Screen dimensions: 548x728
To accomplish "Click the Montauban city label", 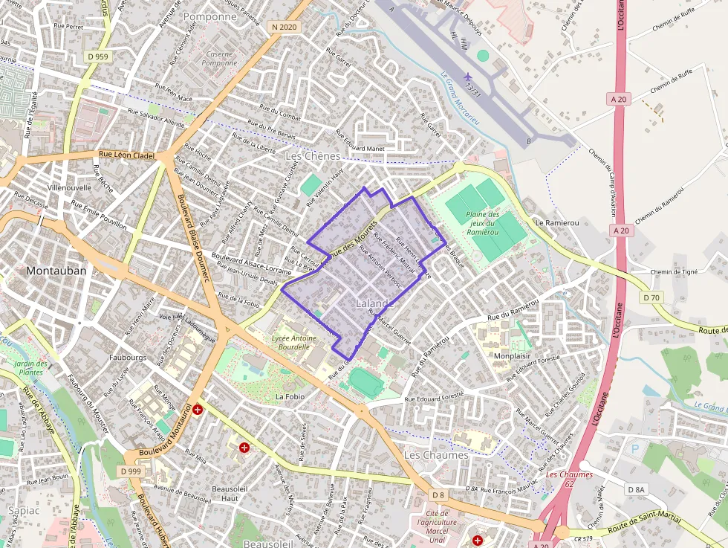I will point(56,271).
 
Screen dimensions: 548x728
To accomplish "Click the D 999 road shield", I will point(129,471).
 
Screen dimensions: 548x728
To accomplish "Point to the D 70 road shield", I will point(651,297).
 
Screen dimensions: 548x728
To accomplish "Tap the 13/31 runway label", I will point(472,89).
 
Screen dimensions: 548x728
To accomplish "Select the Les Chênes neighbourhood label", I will point(313,156).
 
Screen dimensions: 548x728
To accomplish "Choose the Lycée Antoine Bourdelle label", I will point(294,343).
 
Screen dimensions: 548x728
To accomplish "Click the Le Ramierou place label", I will point(556,222).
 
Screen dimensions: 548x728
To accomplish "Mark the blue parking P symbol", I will point(634,448).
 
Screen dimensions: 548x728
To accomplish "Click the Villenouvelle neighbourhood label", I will point(69,188).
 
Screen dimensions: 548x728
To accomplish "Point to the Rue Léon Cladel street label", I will point(126,155).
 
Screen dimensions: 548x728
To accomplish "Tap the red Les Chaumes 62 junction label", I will point(569,479).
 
